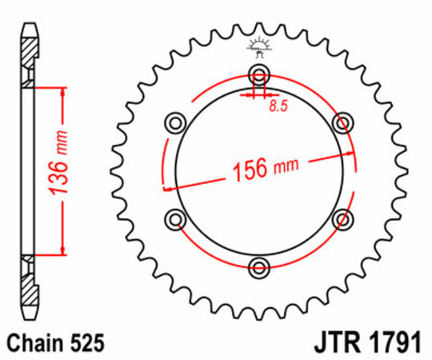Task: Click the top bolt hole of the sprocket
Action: pos(258,76)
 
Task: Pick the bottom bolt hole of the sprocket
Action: pos(258,266)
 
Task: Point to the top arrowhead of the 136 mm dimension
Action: pos(62,89)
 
